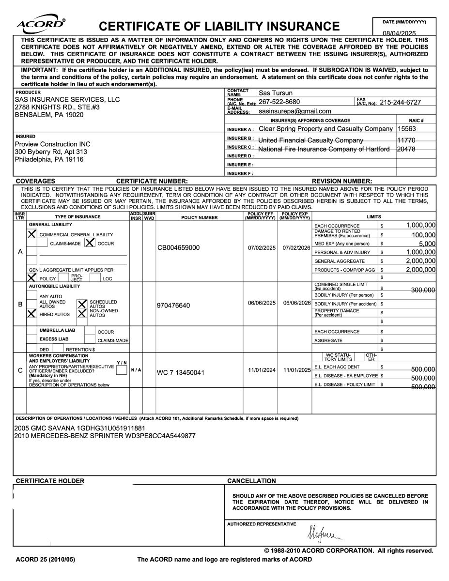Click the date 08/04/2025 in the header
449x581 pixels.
coord(399,33)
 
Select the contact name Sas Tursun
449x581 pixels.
coord(276,93)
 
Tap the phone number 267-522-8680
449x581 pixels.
coord(279,102)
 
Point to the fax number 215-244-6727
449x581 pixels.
coord(400,102)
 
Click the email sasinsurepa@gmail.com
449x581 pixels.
coord(295,111)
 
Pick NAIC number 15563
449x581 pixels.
coord(406,129)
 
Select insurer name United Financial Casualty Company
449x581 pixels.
coord(310,140)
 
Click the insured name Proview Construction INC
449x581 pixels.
coord(52,144)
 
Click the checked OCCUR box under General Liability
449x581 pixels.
coord(90,243)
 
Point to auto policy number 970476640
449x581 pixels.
coord(173,306)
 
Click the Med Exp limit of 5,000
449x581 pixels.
coord(427,244)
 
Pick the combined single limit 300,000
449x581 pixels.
coord(423,290)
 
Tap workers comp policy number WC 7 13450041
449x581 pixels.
coord(181,373)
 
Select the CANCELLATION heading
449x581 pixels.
coord(251,481)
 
